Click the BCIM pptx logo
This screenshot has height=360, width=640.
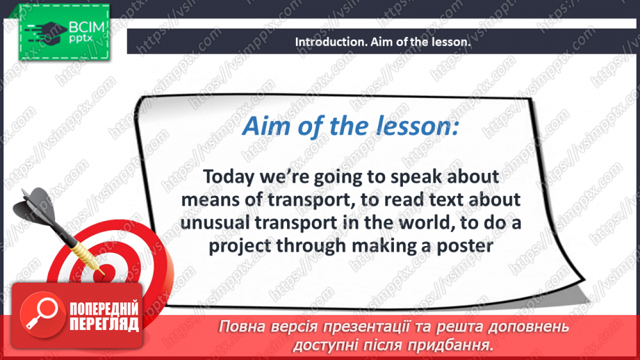tap(63, 31)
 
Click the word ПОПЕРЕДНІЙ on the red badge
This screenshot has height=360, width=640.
tap(103, 309)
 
